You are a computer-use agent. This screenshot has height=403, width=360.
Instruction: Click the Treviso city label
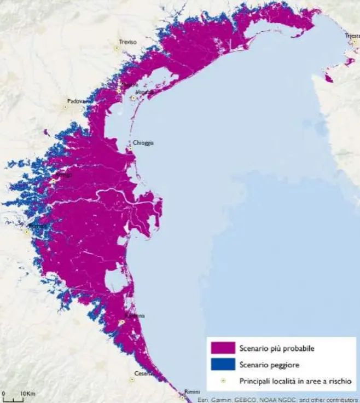[128, 42]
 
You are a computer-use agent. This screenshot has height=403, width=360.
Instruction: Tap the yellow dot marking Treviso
[117, 48]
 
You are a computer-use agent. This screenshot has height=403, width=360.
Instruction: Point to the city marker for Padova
[66, 107]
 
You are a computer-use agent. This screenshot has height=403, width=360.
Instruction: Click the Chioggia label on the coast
[143, 142]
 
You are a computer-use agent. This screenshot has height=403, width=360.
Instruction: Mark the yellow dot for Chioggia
[130, 148]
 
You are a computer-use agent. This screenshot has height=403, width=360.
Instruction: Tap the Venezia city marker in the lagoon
[133, 98]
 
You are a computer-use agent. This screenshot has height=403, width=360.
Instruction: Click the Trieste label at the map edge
[352, 36]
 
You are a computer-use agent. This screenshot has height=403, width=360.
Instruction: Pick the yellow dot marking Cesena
[132, 379]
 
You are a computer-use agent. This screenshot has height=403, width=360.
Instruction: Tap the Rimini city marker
[182, 398]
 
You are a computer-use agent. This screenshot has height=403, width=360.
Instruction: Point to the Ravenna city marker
[122, 323]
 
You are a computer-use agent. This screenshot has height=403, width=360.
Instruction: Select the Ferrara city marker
[26, 232]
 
